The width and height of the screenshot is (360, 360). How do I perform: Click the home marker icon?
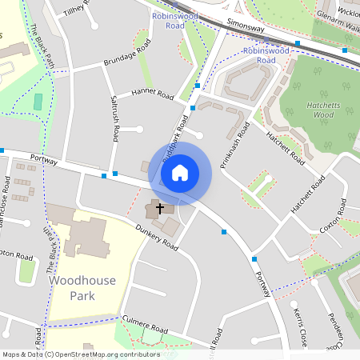pos(180,172)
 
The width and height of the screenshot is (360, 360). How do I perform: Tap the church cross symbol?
pos(159,208)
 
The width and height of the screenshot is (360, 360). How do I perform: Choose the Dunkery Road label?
pos(155,236)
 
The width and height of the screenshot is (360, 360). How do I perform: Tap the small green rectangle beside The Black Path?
pos(38,102)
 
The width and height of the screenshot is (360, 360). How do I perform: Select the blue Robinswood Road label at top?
pos(164,20)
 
